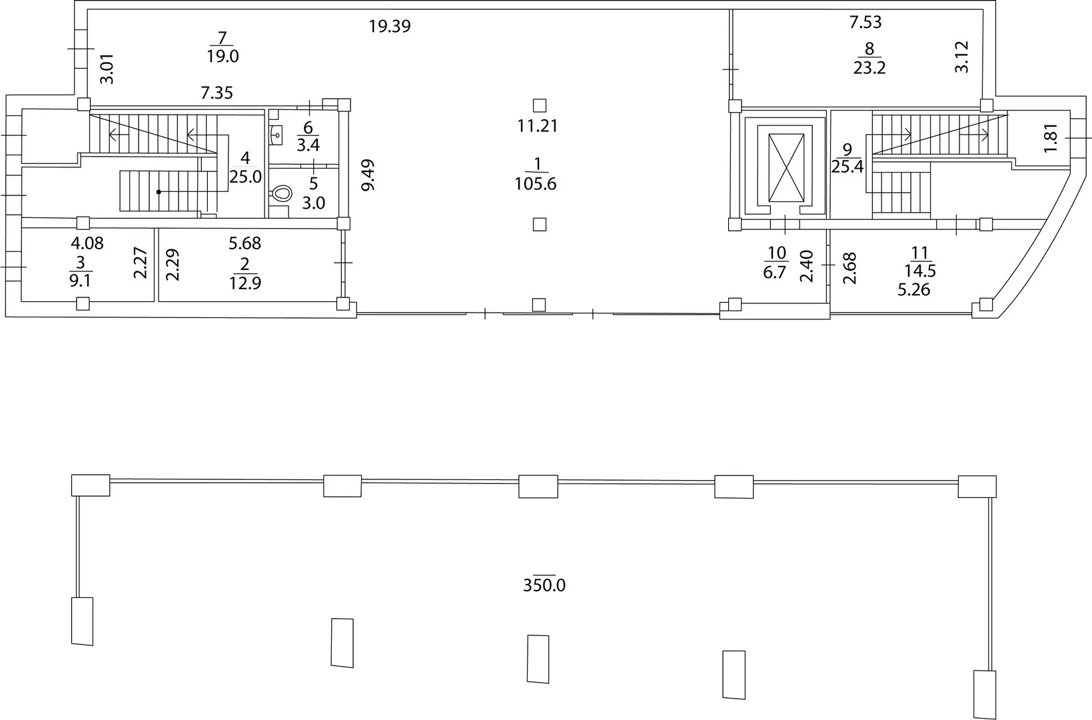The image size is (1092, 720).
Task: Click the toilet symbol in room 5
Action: pyautogui.click(x=280, y=193)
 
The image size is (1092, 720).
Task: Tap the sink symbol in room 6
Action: pyautogui.click(x=276, y=134)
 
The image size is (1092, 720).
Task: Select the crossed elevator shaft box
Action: pyautogui.click(x=786, y=167)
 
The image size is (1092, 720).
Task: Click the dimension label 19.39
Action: pyautogui.click(x=390, y=26)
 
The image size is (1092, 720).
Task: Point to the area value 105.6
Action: pyautogui.click(x=535, y=184)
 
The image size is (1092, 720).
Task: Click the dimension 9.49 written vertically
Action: pyautogui.click(x=368, y=175)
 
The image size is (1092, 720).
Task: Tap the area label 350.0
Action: pyautogui.click(x=544, y=585)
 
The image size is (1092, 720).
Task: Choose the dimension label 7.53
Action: pyautogui.click(x=865, y=22)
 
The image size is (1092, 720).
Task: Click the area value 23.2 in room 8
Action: pyautogui.click(x=869, y=67)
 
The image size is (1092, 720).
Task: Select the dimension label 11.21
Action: pyautogui.click(x=537, y=126)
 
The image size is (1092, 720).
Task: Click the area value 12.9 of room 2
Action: pyautogui.click(x=245, y=283)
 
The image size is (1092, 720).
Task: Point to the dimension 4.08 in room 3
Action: pyautogui.click(x=87, y=243)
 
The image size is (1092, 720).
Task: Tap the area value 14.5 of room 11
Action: pyautogui.click(x=920, y=270)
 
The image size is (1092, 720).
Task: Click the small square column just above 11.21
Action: pyautogui.click(x=539, y=105)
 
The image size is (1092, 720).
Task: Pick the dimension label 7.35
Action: pyautogui.click(x=217, y=92)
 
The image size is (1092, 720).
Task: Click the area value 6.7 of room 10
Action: pyautogui.click(x=775, y=272)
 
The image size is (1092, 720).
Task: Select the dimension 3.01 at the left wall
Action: pyautogui.click(x=107, y=69)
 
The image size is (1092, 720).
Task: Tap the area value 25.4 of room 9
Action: pyautogui.click(x=847, y=167)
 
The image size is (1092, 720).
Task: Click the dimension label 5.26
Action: pyautogui.click(x=914, y=290)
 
